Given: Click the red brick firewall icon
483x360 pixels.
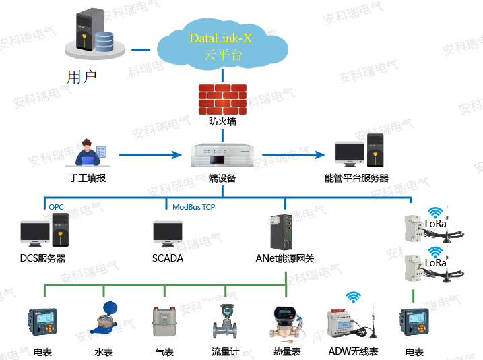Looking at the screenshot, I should (x=222, y=99).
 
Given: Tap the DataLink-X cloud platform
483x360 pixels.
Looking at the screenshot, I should (x=222, y=46).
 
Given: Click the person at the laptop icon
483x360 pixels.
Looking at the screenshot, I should (x=88, y=154).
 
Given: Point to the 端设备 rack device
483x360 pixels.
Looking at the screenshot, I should (x=222, y=156).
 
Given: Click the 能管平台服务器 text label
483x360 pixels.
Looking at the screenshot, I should (x=356, y=179).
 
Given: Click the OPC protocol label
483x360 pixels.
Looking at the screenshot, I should (x=56, y=206).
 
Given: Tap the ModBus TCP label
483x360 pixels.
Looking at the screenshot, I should (x=193, y=207).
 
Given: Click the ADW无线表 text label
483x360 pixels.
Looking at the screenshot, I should (x=354, y=351).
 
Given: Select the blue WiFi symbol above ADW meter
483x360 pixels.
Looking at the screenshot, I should (x=352, y=297).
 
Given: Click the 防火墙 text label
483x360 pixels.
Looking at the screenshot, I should (x=222, y=123).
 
